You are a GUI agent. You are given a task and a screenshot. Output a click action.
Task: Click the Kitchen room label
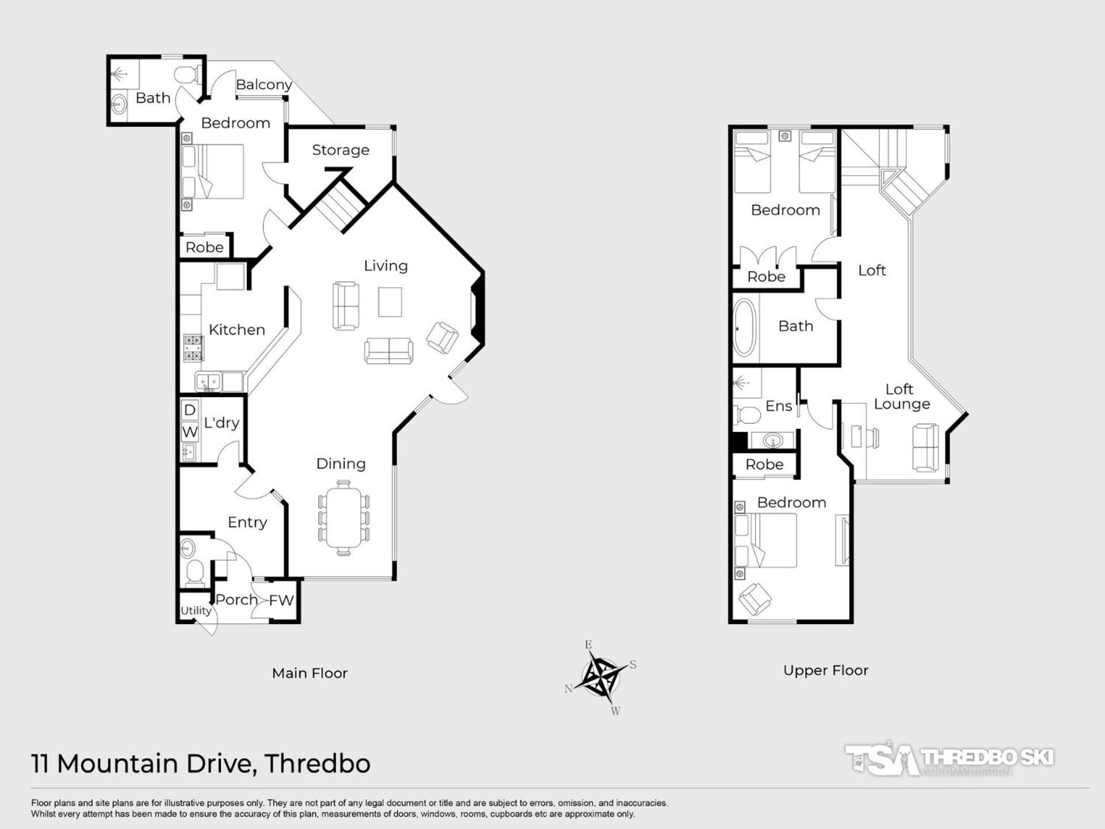click(x=237, y=330)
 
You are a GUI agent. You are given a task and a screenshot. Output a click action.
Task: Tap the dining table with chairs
click(x=344, y=518)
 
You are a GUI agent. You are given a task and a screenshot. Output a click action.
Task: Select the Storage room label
click(x=341, y=150)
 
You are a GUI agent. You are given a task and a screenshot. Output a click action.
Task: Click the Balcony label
click(x=264, y=85)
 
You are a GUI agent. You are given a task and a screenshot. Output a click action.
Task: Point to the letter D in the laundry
click(x=190, y=409)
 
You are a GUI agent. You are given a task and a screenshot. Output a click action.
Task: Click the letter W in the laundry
click(x=190, y=432)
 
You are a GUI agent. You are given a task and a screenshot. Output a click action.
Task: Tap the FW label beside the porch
click(x=281, y=600)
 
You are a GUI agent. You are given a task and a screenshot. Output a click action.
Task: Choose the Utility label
click(x=196, y=611)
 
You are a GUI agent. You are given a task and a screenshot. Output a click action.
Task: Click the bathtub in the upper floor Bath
click(x=744, y=329)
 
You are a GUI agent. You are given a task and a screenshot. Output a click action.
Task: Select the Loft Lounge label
click(x=901, y=397)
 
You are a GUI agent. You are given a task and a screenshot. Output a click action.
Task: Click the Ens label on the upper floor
click(x=779, y=406)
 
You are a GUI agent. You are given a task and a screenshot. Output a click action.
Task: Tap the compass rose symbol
click(x=601, y=677)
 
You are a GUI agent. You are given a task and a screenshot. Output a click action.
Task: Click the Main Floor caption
click(x=310, y=673)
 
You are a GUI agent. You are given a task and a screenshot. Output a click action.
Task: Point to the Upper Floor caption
click(x=826, y=670)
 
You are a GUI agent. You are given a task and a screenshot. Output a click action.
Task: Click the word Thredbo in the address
click(x=317, y=764)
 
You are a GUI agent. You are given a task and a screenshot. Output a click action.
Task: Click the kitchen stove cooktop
click(x=193, y=348)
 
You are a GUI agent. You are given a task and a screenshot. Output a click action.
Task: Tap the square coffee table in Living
click(x=390, y=302)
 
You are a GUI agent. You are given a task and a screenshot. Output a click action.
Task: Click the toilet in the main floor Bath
click(x=187, y=75)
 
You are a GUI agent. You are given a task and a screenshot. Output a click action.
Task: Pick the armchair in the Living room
click(x=442, y=337)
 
